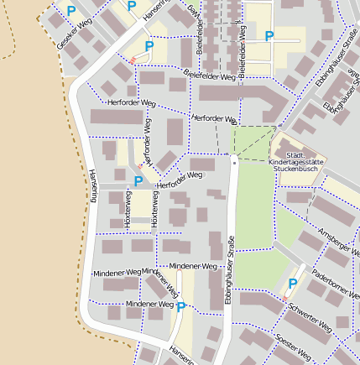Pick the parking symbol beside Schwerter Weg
coord(292,284)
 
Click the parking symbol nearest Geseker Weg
coord(70,11)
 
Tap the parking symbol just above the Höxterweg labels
coord(138,180)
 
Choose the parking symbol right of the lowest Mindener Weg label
coord(180,307)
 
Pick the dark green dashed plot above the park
coord(253,141)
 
